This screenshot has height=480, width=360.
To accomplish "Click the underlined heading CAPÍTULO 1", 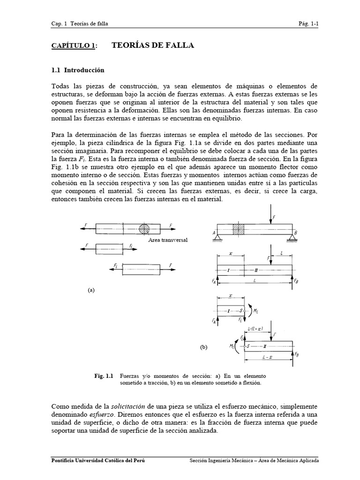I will point(74,45).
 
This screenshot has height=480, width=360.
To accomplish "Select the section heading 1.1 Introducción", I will point(77,70).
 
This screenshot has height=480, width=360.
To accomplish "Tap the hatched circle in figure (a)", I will point(144,229).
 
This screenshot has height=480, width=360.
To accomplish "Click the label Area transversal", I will point(167,240).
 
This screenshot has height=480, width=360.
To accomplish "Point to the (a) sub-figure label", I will point(91,290).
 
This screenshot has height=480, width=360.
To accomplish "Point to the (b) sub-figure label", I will point(203,347).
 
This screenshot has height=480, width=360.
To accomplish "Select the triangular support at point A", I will point(218,238).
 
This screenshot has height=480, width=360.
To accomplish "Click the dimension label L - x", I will point(270,364).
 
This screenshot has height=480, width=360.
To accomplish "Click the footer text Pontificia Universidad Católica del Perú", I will point(97,460).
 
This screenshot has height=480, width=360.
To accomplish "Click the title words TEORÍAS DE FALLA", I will point(153,45).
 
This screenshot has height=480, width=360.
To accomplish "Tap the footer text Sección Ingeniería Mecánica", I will point(218,460).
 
